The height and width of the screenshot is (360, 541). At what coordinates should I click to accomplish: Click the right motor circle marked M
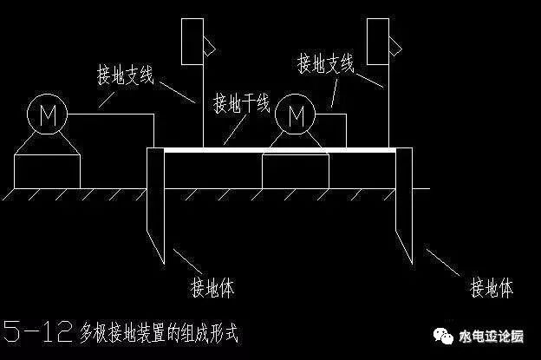(297, 114)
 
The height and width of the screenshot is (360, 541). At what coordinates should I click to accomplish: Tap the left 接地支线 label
(125, 75)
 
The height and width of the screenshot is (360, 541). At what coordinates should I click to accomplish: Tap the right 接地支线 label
(325, 63)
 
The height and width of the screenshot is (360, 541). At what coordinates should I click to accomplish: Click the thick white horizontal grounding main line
(277, 149)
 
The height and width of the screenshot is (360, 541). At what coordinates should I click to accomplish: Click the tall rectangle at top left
(192, 39)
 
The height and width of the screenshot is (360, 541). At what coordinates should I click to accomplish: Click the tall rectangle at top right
(378, 39)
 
